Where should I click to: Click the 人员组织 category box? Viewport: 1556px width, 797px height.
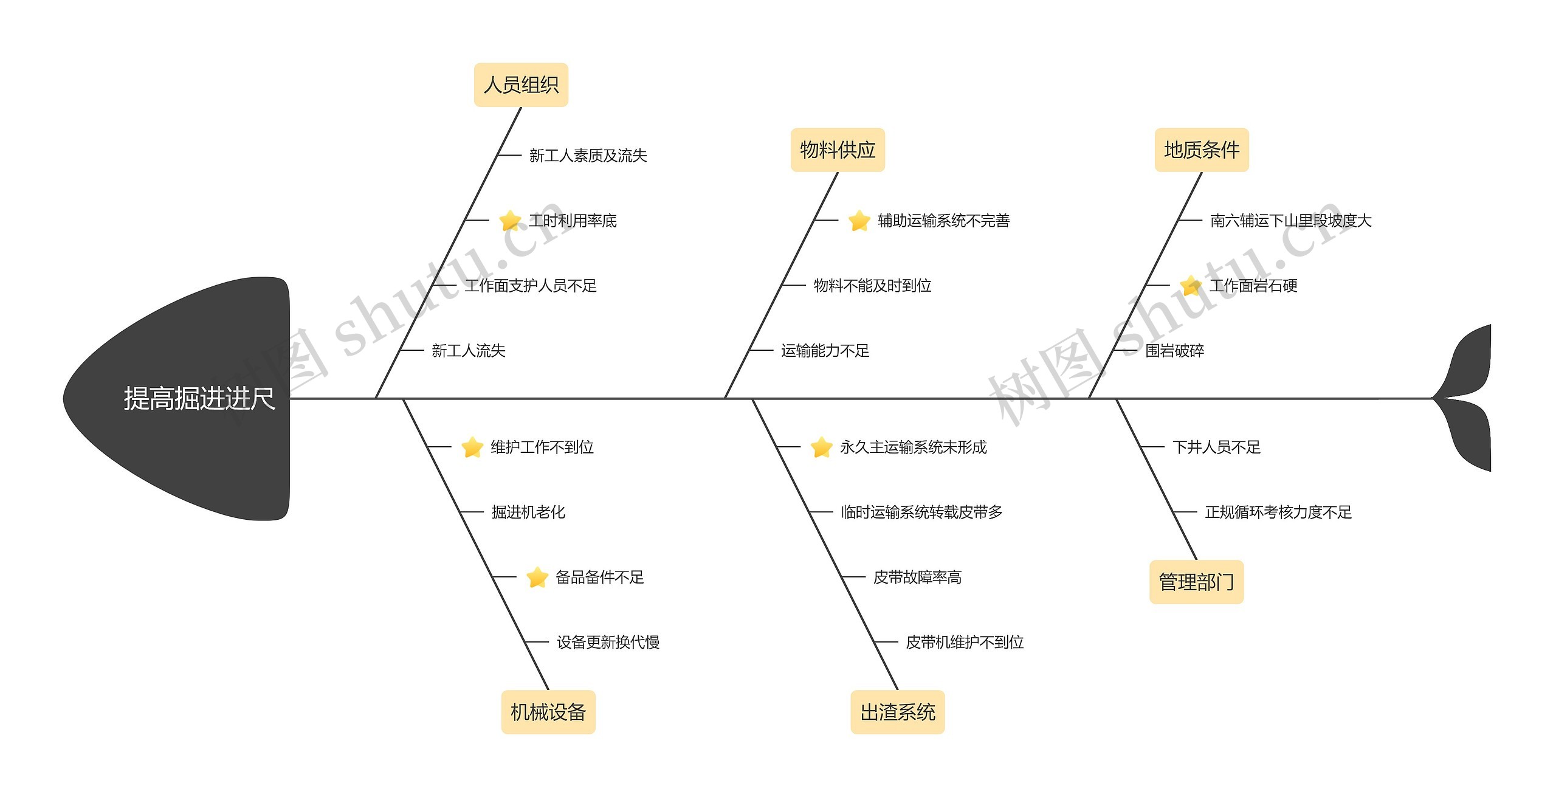pos(521,85)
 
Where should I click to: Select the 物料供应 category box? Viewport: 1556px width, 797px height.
pos(837,150)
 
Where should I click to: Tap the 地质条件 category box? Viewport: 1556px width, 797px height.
pos(1201,150)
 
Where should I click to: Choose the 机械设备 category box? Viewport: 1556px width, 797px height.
pos(548,712)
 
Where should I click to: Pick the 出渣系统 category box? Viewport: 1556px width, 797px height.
pos(897,712)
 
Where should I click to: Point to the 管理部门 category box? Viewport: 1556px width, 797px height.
pos(1196,582)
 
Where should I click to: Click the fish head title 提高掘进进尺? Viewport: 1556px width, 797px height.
pos(199,399)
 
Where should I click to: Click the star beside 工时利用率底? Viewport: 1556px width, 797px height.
pos(509,221)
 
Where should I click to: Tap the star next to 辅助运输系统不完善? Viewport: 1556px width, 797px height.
pos(859,221)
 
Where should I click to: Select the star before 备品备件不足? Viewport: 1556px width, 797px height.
pos(537,578)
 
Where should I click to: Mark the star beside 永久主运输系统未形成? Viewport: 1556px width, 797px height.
pos(821,447)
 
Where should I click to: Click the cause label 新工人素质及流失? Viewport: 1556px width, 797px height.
pos(588,156)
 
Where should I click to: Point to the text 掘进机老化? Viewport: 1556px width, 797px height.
pos(528,512)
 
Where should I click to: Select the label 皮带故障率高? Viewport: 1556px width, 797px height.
pos(917,578)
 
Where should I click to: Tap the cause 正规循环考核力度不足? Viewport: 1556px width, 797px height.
pos(1278,512)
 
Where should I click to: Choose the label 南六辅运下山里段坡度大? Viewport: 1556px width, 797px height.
pos(1291,221)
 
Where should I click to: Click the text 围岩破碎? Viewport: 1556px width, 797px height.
pos(1174,351)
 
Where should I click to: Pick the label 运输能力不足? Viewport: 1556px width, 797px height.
pos(825,351)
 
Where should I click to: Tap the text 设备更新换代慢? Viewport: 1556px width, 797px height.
pos(608,643)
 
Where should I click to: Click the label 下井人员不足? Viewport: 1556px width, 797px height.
pos(1216,447)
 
